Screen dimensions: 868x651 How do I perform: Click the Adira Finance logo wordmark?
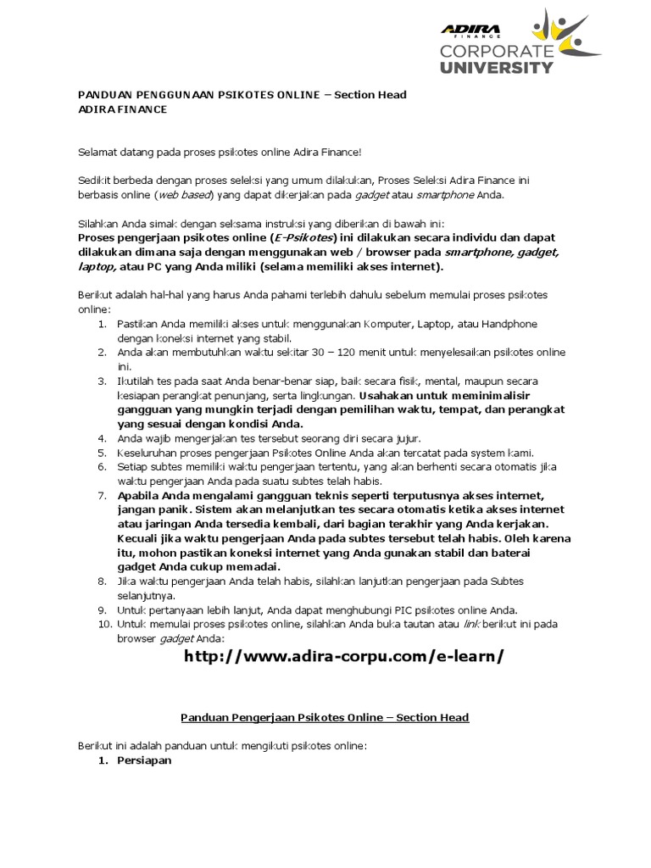(470, 31)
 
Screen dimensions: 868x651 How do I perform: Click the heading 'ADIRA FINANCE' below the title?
(123, 109)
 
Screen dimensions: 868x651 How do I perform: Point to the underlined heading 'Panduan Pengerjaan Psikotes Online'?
(325, 717)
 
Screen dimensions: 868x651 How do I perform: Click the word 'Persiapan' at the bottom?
(145, 760)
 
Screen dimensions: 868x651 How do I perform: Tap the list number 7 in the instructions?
(101, 494)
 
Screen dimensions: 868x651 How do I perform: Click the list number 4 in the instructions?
(101, 438)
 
